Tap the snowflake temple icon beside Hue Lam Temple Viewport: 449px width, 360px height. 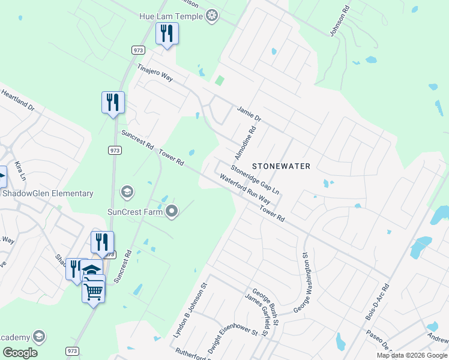[x=211, y=16]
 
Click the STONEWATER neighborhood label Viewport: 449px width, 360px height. [x=281, y=166]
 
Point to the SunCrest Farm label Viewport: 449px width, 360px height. [x=135, y=211]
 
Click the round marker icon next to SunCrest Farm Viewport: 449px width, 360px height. [x=172, y=211]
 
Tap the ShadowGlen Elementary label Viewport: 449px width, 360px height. [x=48, y=193]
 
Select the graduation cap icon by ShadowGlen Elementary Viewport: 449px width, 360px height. [x=127, y=193]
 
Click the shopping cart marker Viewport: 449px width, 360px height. [x=93, y=292]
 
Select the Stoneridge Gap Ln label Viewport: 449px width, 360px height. [x=256, y=179]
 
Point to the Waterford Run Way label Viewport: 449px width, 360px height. [x=245, y=190]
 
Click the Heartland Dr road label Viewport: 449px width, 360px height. [x=18, y=101]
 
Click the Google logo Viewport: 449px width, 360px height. [x=20, y=353]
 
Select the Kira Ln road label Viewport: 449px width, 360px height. [x=21, y=170]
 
